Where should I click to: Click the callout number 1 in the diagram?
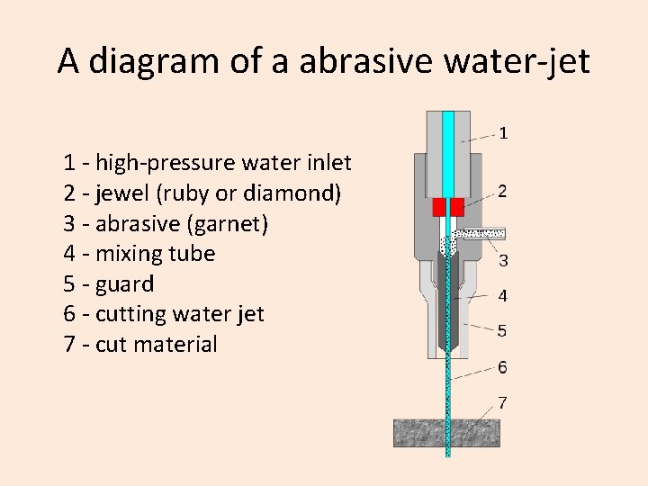click(x=503, y=133)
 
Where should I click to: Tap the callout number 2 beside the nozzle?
click(x=502, y=191)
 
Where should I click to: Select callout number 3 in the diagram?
click(x=503, y=260)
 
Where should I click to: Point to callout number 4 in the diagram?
click(x=502, y=295)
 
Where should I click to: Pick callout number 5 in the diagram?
click(x=502, y=330)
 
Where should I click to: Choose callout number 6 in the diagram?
click(x=502, y=367)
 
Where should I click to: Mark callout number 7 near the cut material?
click(x=502, y=402)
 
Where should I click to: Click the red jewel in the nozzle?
click(x=447, y=206)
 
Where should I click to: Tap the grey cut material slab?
click(x=423, y=433)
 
